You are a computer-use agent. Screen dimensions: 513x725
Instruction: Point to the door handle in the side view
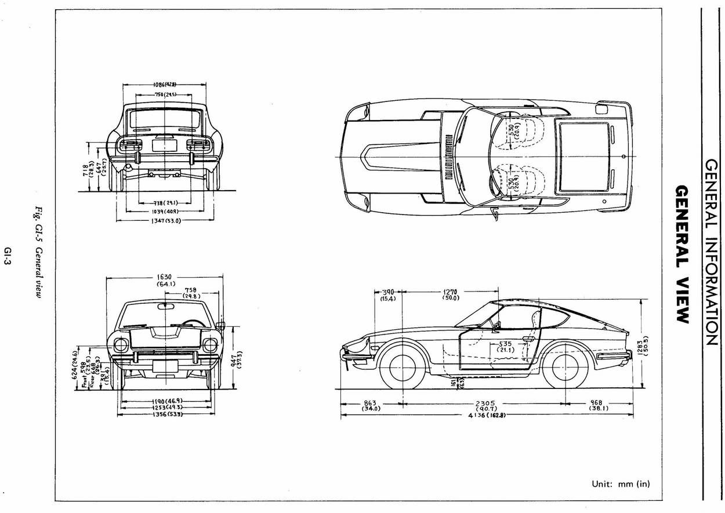tap(528, 339)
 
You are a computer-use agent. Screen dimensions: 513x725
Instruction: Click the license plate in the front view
tap(165, 366)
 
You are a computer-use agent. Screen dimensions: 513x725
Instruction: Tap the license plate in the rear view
tap(164, 144)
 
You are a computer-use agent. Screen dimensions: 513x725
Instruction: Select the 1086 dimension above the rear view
tap(165, 85)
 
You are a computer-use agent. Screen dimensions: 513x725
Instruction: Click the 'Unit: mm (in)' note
tap(621, 483)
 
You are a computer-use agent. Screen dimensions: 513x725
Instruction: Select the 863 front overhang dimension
tap(370, 405)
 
